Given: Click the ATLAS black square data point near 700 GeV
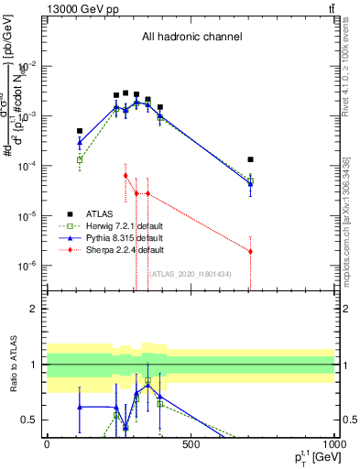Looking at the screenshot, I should coord(250,159).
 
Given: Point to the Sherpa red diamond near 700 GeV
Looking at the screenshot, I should coord(250,251).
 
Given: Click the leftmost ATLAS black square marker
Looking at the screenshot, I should coord(80,131).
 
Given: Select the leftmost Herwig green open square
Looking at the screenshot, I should coord(80,160).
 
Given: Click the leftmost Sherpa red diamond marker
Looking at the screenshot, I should coord(125,175).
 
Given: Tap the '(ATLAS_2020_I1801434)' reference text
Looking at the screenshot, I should coord(190,272).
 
